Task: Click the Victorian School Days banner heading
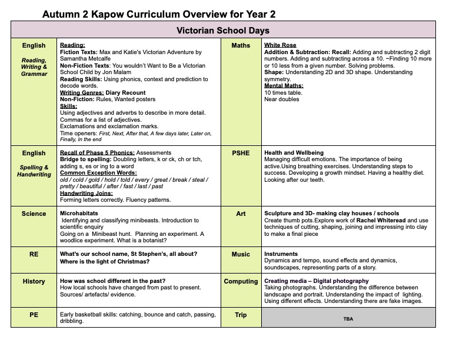point(223,30)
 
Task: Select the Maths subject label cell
point(241,45)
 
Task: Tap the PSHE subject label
point(241,153)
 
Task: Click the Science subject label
point(34,214)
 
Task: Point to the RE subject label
point(34,254)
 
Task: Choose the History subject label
point(34,281)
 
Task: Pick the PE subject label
point(34,315)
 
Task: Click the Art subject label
point(241,214)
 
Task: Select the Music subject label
point(241,254)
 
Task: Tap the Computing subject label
point(241,281)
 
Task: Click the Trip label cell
point(241,315)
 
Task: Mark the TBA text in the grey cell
point(348,318)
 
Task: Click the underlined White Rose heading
point(280,45)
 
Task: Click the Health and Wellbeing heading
point(294,153)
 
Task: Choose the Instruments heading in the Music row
point(281,254)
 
